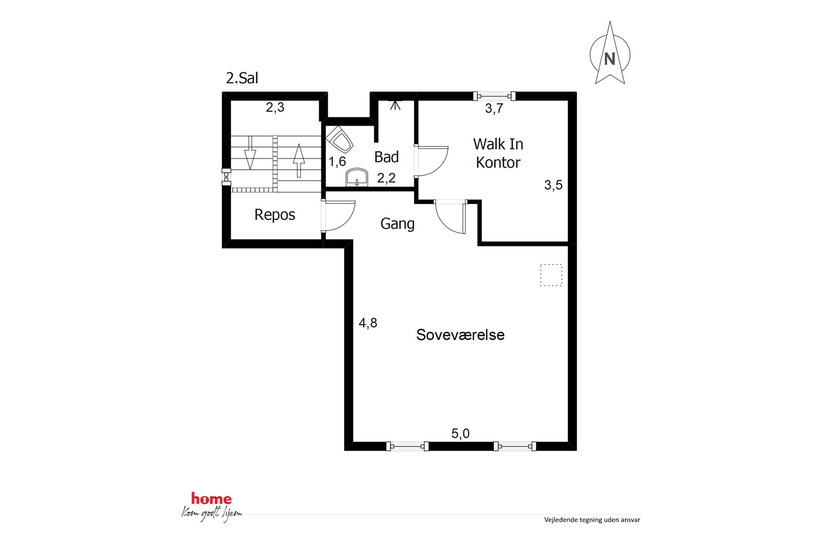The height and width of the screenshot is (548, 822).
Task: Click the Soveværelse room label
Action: [x=460, y=335]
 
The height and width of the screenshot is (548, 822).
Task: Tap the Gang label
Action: [x=397, y=224]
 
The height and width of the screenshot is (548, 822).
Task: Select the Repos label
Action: [x=275, y=215]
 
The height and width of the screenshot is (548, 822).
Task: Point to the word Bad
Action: [x=386, y=157]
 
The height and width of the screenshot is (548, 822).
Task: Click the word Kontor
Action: [x=498, y=162]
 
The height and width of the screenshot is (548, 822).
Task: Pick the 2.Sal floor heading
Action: [x=242, y=78]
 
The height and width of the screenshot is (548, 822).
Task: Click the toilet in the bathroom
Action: [x=339, y=139]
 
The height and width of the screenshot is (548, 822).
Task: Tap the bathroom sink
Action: [x=357, y=177]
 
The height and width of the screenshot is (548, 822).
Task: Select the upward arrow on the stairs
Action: [x=299, y=160]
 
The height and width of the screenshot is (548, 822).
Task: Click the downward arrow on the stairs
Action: [x=250, y=152]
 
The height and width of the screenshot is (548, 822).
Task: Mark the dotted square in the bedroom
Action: [x=551, y=275]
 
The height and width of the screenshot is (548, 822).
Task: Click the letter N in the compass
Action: [x=609, y=59]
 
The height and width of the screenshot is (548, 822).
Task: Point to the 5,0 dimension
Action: [x=460, y=434]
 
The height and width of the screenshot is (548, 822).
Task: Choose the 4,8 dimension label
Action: [x=368, y=323]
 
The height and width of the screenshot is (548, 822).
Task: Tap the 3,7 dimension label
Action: [x=494, y=109]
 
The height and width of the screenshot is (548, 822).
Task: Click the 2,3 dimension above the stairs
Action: [x=275, y=107]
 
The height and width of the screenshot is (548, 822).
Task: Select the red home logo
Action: [x=211, y=499]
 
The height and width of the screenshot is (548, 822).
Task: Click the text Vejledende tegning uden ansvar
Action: [x=592, y=520]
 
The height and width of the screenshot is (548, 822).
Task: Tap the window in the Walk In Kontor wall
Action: [x=494, y=97]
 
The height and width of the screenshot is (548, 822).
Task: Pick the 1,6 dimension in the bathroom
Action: [x=337, y=162]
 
